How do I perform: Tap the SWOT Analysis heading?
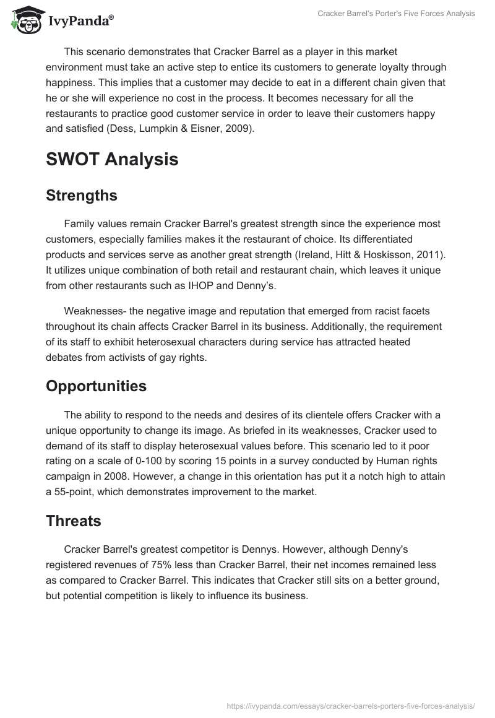(x=112, y=159)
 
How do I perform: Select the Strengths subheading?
(x=82, y=196)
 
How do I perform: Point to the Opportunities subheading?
(x=96, y=386)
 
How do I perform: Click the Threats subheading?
(x=74, y=521)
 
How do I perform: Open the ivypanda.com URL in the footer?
(x=350, y=705)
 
